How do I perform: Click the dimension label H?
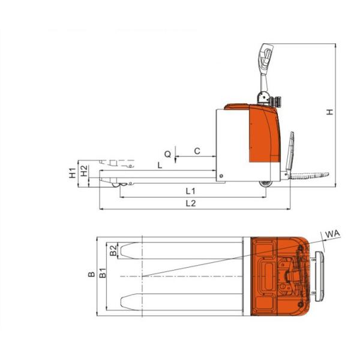point(330,112)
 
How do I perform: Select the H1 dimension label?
point(73,173)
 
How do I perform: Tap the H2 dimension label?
point(85,171)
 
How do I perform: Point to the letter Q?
point(168,154)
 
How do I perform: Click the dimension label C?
point(197,151)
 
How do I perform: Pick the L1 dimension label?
point(191,191)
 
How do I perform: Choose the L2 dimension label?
point(191,203)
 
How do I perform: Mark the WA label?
point(332,234)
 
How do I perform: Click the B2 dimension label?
point(113,250)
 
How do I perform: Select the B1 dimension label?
point(103,273)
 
